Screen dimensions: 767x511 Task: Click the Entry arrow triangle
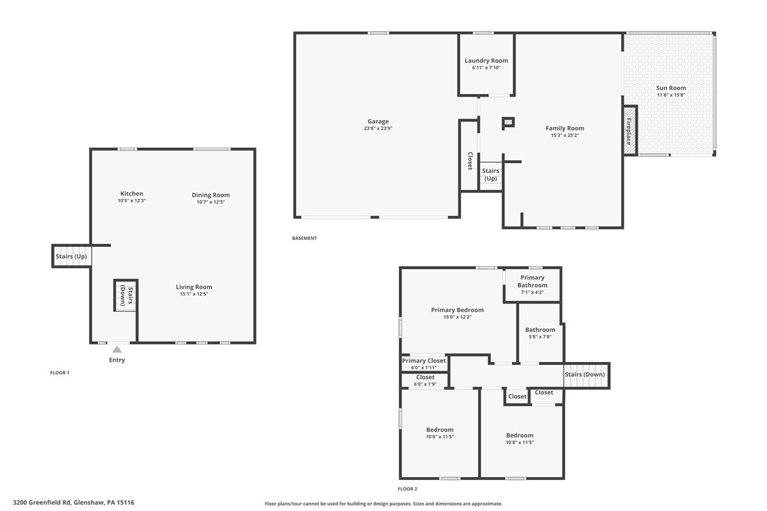117,349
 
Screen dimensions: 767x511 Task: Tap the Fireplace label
629,131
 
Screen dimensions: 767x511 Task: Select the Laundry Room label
486,61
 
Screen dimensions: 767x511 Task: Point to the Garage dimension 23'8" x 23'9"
378,128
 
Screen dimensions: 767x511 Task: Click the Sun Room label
671,88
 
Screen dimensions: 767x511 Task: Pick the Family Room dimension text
565,136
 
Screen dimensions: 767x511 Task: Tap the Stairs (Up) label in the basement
491,174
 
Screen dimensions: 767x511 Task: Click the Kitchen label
131,193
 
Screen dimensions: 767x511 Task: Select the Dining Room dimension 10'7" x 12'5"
211,202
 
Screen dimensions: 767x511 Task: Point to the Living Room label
194,287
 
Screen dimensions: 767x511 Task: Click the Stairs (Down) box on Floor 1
126,295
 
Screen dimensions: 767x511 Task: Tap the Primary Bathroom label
533,281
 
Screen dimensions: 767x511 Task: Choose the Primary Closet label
424,361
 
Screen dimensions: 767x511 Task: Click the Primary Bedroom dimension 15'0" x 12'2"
458,317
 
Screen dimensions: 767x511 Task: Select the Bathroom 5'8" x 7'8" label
540,330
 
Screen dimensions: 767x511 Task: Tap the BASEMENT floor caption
304,238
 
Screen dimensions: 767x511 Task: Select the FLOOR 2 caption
408,488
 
